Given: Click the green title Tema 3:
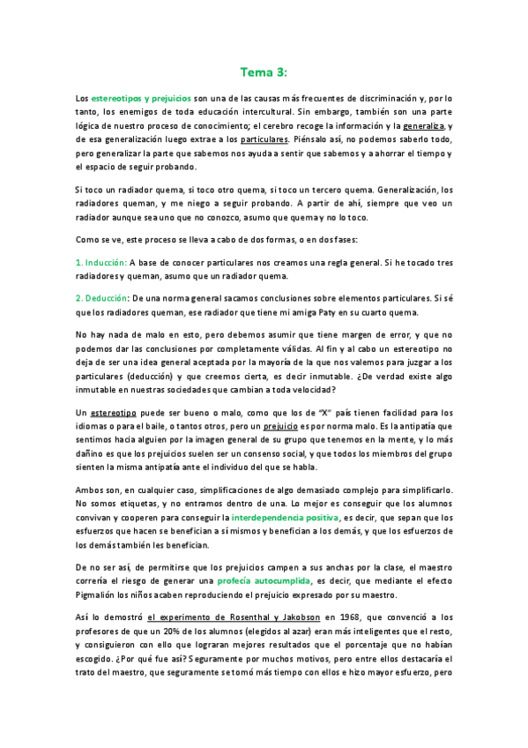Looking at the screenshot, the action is (264, 71).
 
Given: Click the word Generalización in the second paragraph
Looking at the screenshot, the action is (413, 189).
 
